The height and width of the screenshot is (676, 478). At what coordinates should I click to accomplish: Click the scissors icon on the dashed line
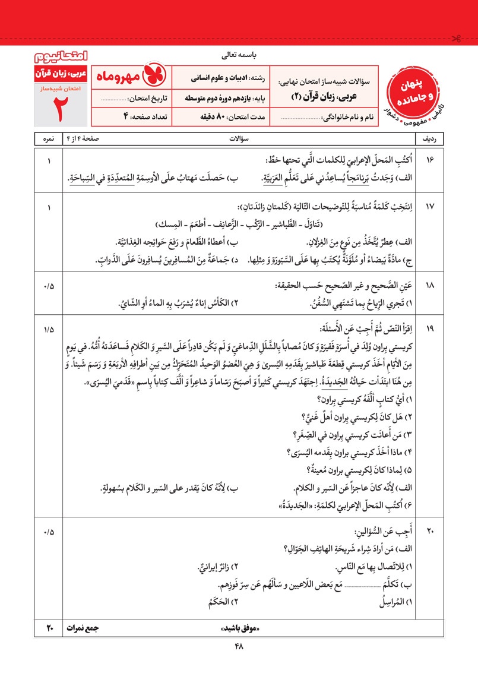(x=455, y=40)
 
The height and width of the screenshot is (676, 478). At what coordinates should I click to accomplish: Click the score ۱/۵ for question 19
(x=48, y=328)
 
